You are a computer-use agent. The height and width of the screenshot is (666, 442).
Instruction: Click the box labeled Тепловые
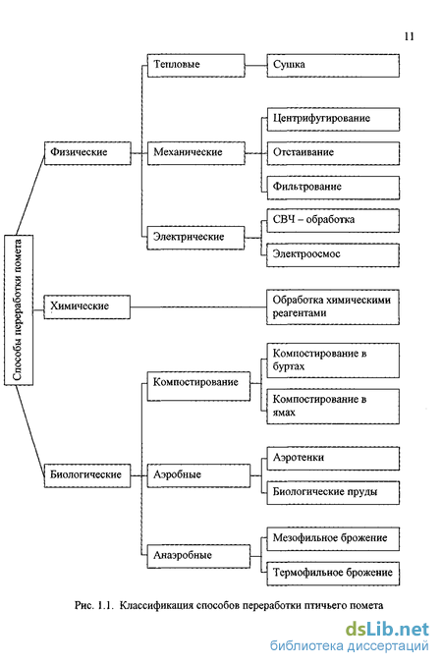point(195,66)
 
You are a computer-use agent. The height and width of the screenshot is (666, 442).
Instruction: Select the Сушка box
point(333,66)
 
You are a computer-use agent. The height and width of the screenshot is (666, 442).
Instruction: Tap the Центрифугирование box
point(333,120)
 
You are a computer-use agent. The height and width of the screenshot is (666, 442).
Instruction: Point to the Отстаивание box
point(333,153)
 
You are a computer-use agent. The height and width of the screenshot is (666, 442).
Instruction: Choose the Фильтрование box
point(333,188)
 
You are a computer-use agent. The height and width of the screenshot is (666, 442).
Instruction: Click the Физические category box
point(87,153)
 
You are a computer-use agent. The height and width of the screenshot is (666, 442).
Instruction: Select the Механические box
point(195,153)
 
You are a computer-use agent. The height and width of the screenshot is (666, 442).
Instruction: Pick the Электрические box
point(195,238)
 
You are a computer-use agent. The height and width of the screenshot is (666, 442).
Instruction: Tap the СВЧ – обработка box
point(333,220)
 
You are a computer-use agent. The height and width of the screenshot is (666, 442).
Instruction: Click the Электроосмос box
point(333,255)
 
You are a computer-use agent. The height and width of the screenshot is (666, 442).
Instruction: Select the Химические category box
point(87,307)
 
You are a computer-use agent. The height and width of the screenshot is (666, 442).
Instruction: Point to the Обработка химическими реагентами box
point(333,307)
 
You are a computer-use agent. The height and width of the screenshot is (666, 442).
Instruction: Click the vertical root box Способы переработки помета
point(19,310)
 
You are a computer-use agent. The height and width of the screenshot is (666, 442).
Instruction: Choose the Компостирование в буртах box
point(333,361)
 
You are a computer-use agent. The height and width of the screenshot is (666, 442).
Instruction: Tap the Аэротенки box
point(333,459)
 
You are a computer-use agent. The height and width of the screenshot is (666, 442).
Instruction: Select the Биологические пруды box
point(333,493)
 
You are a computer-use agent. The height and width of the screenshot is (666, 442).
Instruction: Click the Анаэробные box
point(198,556)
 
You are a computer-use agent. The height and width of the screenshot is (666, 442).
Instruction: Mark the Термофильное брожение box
point(333,574)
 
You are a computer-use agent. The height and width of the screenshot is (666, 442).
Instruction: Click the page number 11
point(410,36)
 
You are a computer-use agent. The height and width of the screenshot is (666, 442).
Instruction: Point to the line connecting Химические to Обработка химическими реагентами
point(198,307)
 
